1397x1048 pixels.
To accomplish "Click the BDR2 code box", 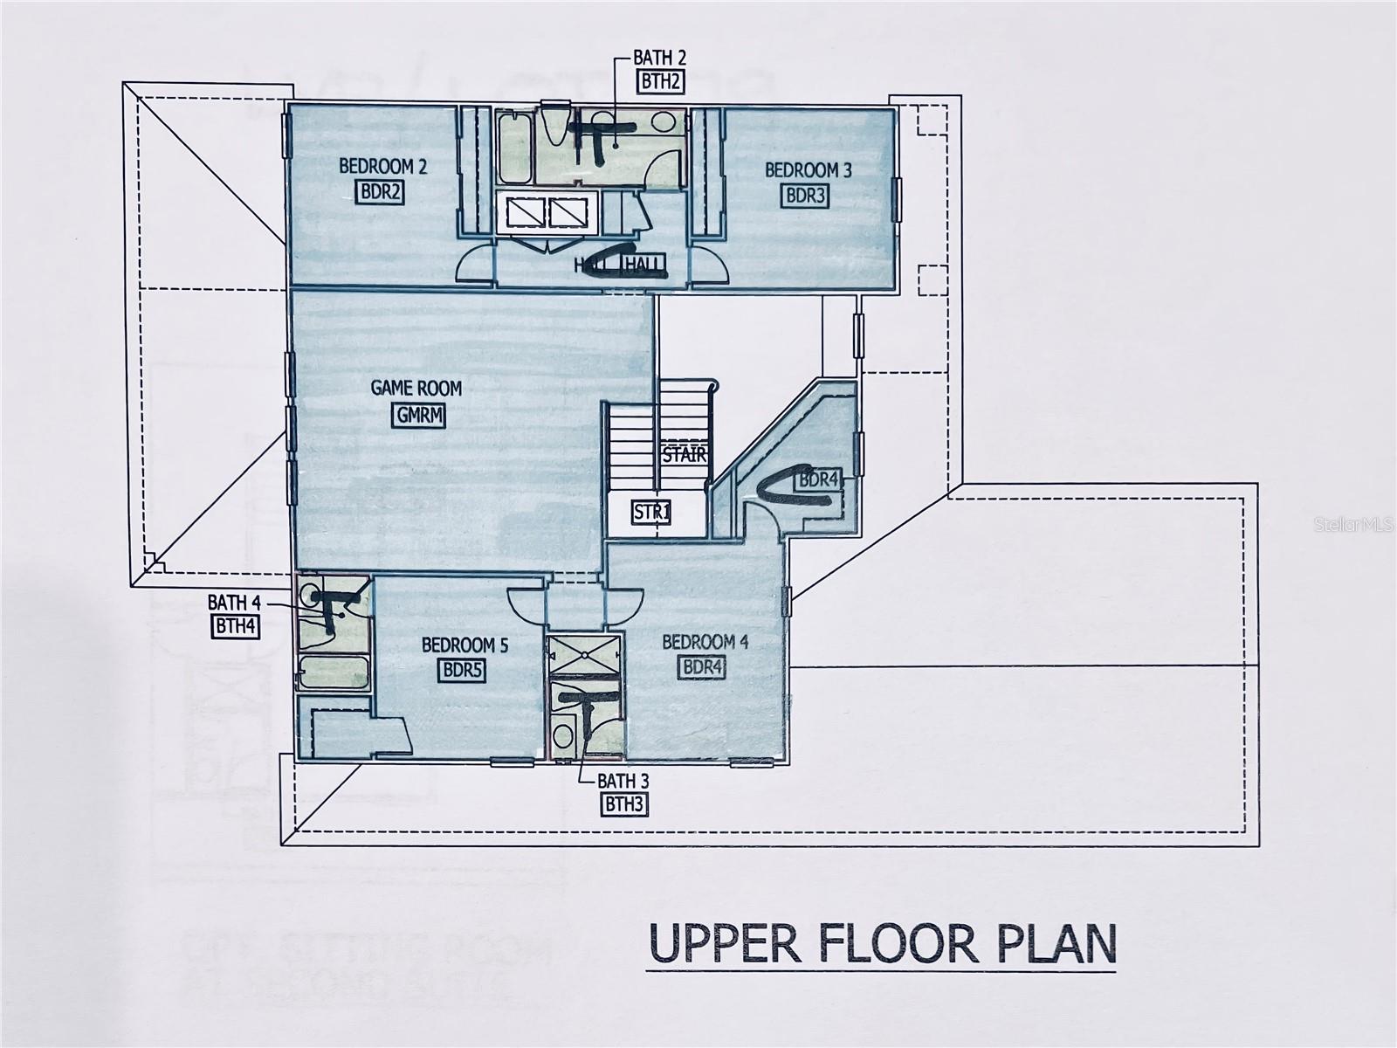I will [x=380, y=191].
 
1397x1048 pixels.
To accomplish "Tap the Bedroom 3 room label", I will [x=808, y=170].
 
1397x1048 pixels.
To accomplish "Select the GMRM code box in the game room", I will [x=418, y=416].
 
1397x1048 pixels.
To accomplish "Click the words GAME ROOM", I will [x=416, y=388].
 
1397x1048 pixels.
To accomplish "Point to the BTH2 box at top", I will [x=659, y=82].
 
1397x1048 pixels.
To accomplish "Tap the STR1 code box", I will [x=651, y=512].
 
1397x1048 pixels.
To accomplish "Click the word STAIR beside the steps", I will [x=684, y=455].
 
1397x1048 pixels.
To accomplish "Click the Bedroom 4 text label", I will [x=705, y=643].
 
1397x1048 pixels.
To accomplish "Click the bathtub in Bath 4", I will [x=332, y=674].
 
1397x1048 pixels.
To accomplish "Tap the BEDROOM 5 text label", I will [x=465, y=645].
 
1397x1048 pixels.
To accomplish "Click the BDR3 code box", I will [x=805, y=196].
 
